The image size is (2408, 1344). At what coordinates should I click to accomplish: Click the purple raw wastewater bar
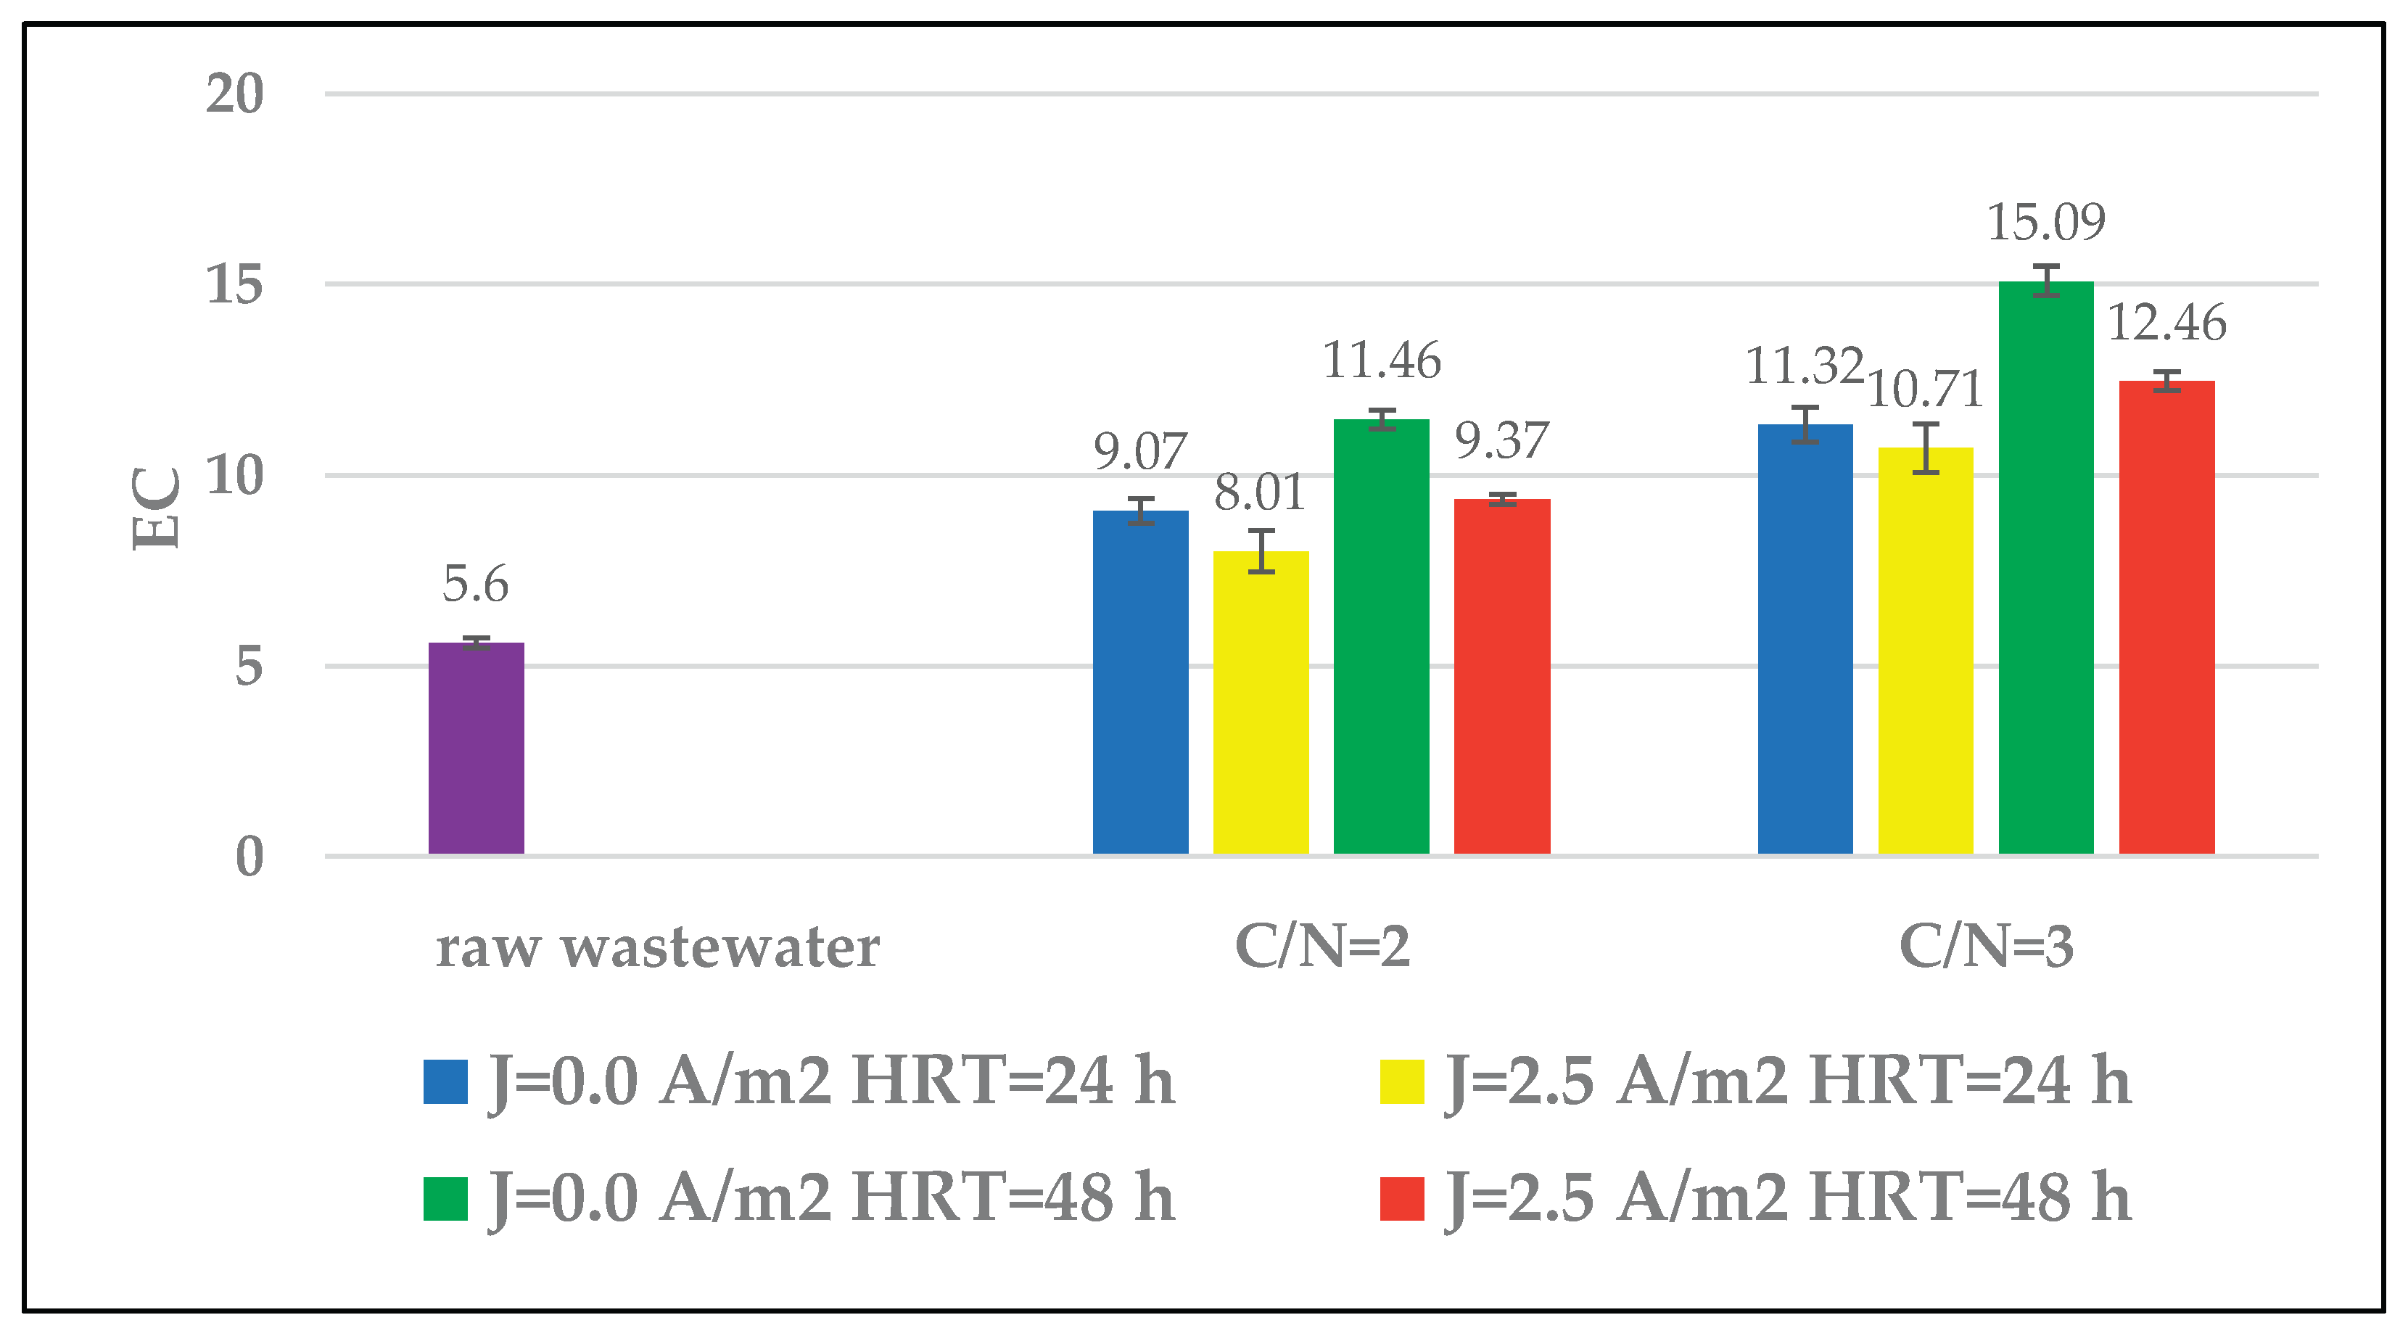point(476,748)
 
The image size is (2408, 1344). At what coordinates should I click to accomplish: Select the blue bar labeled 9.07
point(1140,683)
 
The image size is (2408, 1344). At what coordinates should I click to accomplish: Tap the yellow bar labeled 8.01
point(1261,703)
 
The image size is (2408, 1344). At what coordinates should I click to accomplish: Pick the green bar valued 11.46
point(1382,637)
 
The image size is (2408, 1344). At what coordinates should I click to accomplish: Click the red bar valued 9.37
point(1502,677)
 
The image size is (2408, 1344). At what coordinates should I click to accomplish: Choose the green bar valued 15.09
point(2046,567)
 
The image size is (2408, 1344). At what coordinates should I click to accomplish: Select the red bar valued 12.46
point(2166,617)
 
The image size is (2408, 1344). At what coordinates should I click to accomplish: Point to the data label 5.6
point(476,584)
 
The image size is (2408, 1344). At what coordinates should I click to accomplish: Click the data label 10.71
point(1926,389)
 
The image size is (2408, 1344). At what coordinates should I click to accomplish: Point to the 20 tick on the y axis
point(234,94)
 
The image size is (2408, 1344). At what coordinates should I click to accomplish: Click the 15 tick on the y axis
point(234,284)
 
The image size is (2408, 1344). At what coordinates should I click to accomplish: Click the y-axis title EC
point(155,508)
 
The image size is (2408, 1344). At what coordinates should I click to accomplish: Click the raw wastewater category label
point(658,948)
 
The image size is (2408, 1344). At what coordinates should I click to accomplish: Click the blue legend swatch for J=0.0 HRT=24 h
point(445,1081)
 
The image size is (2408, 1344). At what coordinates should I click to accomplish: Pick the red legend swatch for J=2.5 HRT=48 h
point(1402,1198)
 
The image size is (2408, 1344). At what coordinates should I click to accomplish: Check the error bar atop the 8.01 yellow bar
point(1261,551)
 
